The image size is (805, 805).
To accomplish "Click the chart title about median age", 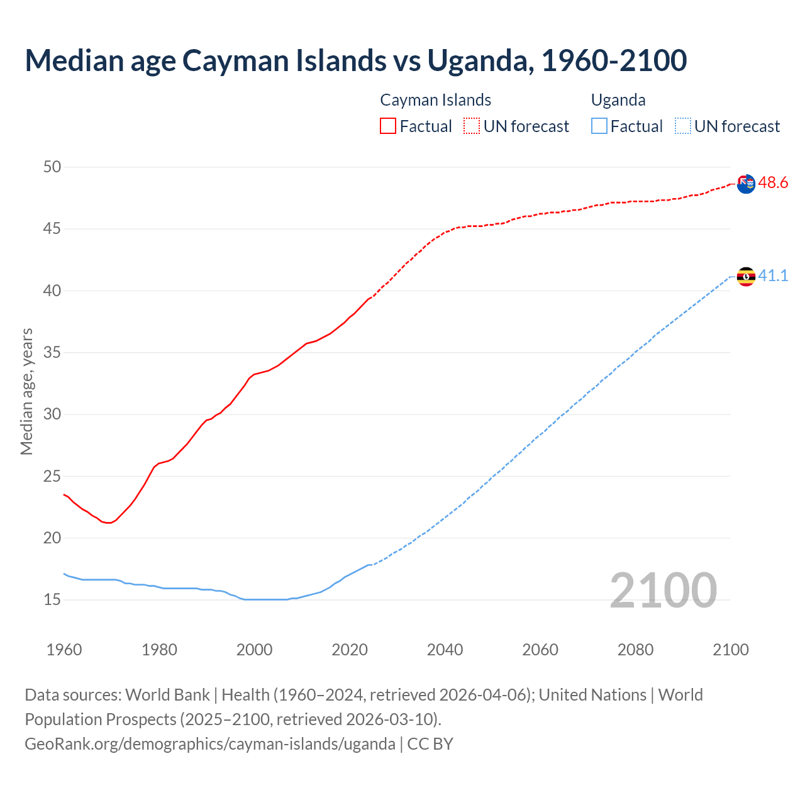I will click(355, 60).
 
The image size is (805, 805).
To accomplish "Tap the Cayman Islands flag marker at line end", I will click(746, 184).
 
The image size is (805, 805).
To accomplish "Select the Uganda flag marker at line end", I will click(746, 276).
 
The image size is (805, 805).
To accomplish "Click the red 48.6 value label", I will click(773, 183).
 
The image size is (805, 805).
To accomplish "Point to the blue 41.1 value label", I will click(773, 276).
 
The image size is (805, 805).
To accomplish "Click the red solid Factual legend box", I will click(388, 126).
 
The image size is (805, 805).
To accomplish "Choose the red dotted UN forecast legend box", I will click(472, 126).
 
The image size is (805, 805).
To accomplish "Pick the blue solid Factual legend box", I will click(599, 126).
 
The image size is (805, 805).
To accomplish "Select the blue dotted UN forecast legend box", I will click(682, 126).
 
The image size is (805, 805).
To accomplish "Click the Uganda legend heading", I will click(618, 100).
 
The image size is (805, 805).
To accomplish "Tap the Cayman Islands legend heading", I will click(435, 100).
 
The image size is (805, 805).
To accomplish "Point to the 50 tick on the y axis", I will click(52, 167).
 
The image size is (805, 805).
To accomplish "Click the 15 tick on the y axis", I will click(52, 599).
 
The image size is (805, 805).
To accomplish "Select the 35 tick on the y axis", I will click(52, 352).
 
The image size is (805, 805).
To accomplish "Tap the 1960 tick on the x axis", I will click(64, 650).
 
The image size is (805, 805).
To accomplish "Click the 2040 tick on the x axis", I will click(445, 650).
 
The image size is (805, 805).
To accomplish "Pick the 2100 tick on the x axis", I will click(731, 650).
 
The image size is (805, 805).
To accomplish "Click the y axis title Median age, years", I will click(26, 391).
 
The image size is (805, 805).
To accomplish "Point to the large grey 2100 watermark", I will click(663, 590).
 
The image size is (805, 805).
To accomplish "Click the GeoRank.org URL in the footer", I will click(210, 743).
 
